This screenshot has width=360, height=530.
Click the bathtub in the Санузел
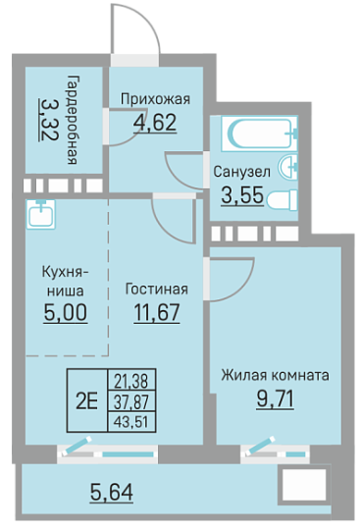click(259, 132)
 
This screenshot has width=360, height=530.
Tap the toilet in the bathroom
click(283, 200)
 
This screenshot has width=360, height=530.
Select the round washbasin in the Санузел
click(288, 166)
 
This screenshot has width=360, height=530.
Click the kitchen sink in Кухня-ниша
click(41, 214)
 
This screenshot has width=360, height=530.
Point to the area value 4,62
click(155, 123)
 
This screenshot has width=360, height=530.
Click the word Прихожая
click(155, 99)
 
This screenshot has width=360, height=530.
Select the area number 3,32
click(49, 120)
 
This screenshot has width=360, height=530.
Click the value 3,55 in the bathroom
click(242, 195)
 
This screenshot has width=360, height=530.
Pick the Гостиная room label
click(157, 290)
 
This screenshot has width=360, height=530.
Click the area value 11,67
click(157, 312)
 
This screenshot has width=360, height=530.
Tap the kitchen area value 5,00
click(66, 312)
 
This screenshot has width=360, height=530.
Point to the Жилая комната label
click(275, 375)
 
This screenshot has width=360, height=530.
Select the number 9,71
click(275, 398)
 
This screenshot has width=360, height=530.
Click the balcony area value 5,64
click(112, 492)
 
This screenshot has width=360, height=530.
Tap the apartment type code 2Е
click(86, 401)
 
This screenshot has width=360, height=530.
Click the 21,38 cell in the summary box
click(131, 381)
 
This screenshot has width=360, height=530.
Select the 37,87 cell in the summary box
click(131, 401)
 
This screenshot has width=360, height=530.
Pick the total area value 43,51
click(131, 422)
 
